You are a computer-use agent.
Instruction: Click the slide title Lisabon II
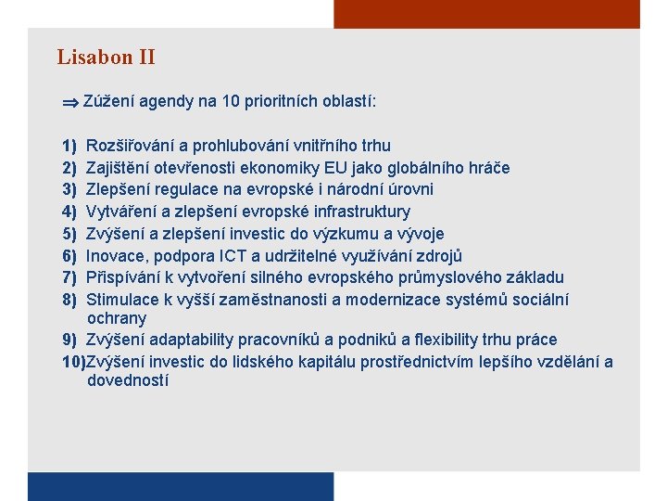pyautogui.click(x=106, y=58)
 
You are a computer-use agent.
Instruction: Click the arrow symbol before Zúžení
pyautogui.click(x=69, y=102)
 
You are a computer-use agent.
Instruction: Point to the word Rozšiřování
pyautogui.click(x=130, y=146)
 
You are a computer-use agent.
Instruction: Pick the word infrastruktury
pyautogui.click(x=351, y=212)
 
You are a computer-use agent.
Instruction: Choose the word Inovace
pyautogui.click(x=115, y=255)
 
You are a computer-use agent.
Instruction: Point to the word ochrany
pyautogui.click(x=117, y=318)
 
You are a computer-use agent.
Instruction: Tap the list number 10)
pyautogui.click(x=72, y=362)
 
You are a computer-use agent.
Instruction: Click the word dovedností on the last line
pyautogui.click(x=128, y=380)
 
